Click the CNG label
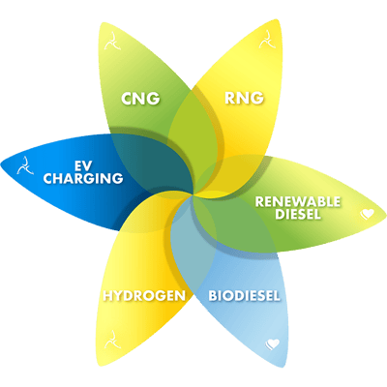click(140, 99)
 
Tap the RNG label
click(244, 98)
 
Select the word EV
click(83, 166)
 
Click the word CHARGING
click(83, 178)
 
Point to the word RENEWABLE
click(298, 202)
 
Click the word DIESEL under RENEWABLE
click(298, 214)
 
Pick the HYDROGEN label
click(144, 296)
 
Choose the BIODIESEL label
click(244, 296)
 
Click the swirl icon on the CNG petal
click(112, 41)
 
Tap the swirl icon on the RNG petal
click(267, 40)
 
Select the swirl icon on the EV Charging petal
click(25, 165)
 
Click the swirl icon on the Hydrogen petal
click(112, 340)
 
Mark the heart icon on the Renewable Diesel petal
click(368, 214)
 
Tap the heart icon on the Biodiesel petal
click(273, 344)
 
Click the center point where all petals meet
click(194, 193)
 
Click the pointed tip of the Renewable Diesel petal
click(386, 214)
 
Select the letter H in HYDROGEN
click(108, 296)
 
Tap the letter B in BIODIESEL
click(213, 296)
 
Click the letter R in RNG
click(230, 98)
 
